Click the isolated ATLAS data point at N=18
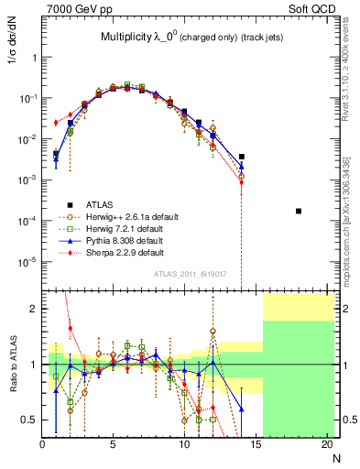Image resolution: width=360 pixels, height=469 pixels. coord(299,211)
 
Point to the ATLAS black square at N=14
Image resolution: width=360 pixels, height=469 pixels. coord(242,157)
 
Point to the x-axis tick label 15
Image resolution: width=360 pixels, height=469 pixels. coord(256,446)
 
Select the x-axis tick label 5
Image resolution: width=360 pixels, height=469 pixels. coord(113,446)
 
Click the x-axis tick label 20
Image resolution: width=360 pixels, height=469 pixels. coord(327,446)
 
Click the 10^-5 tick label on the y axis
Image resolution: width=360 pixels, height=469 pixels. coord(26,261)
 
